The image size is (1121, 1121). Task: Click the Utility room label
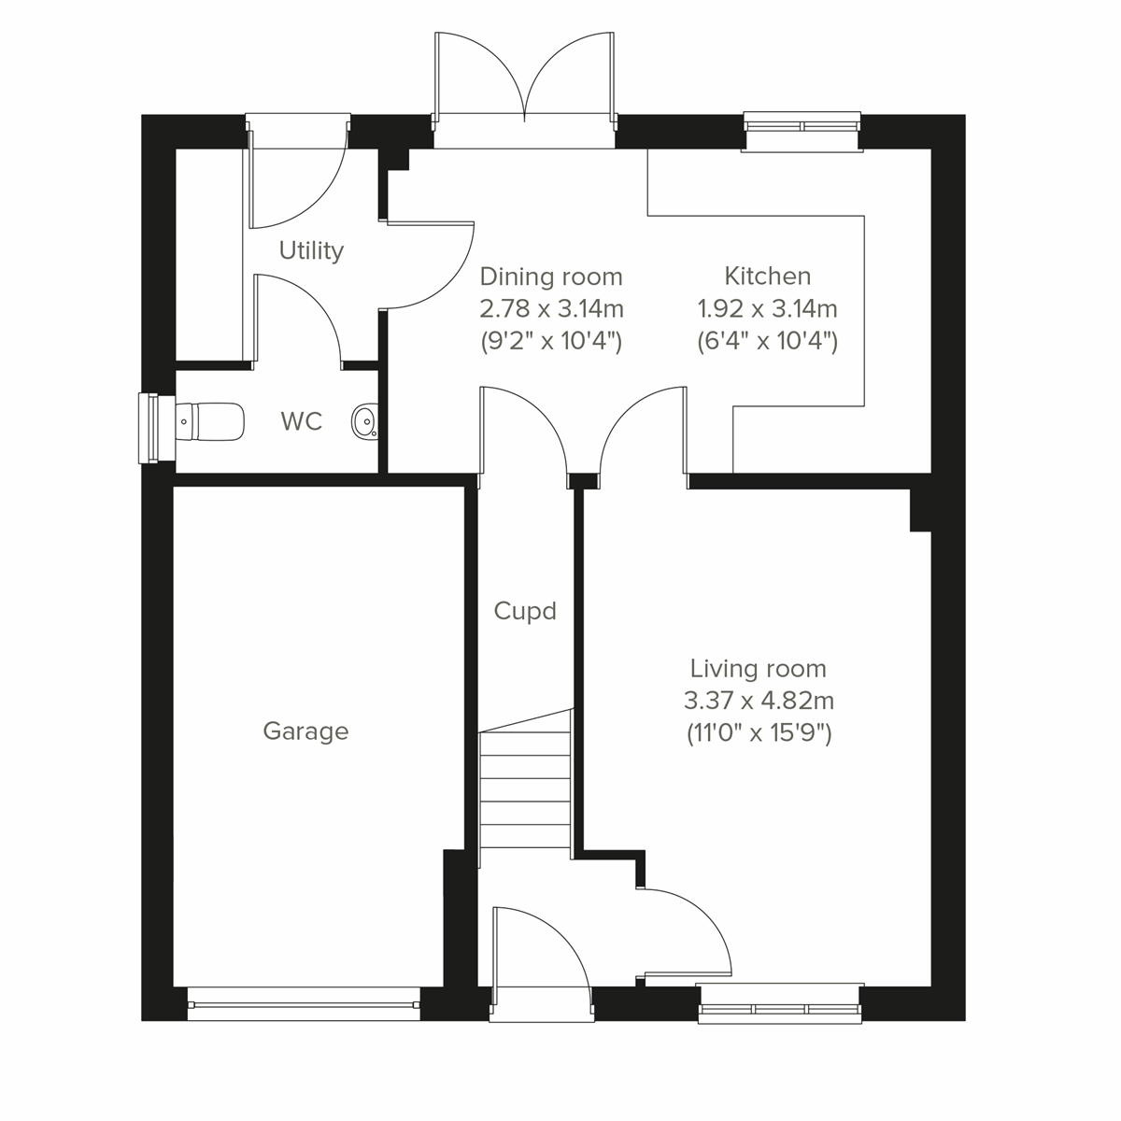311,250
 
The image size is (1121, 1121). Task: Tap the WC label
301,421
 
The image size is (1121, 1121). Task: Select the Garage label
305,731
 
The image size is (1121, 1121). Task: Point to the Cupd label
524,611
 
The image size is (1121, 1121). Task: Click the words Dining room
550,277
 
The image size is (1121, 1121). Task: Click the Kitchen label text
767,276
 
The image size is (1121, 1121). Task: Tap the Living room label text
758,669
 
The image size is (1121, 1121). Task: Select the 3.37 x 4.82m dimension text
758,700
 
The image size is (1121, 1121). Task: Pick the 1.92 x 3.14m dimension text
767,308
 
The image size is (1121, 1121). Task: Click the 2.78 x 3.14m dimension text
550,308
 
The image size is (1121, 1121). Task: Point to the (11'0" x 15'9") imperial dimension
758,731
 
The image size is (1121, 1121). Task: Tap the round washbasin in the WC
364,422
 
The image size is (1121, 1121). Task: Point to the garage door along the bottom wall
303,1005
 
